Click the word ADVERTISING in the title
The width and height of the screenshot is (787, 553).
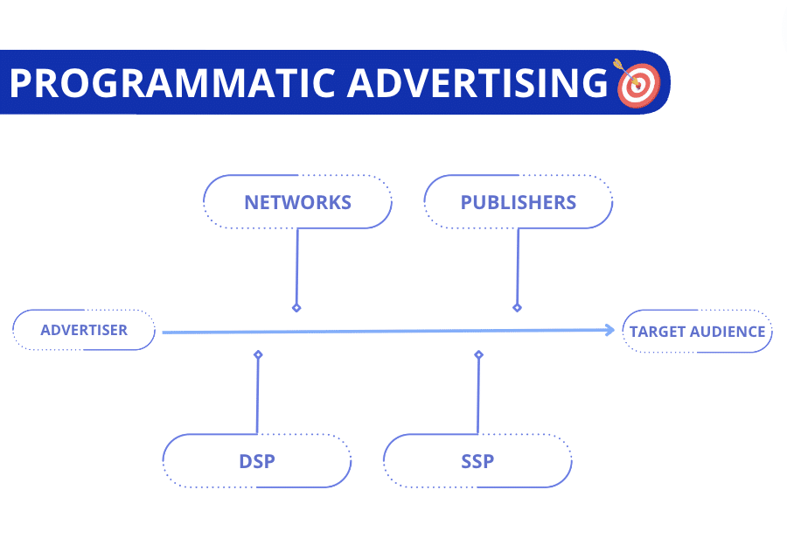[477, 83]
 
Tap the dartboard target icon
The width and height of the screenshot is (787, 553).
[637, 84]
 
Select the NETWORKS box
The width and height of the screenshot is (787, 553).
[297, 202]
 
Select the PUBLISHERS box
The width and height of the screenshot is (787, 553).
[518, 202]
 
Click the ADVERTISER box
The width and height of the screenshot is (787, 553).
[84, 330]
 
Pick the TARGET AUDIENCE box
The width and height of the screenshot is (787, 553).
[697, 331]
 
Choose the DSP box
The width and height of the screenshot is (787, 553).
[257, 460]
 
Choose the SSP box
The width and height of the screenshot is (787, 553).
[477, 460]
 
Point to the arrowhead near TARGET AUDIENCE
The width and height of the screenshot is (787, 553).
[610, 330]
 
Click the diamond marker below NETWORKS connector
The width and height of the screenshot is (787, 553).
[296, 308]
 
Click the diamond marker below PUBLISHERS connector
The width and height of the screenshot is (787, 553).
[517, 308]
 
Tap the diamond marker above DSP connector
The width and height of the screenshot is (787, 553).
[258, 354]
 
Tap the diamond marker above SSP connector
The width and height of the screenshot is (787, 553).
[478, 354]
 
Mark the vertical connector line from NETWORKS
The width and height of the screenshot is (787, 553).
[297, 267]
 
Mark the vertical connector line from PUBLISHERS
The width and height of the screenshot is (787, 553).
[518, 267]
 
